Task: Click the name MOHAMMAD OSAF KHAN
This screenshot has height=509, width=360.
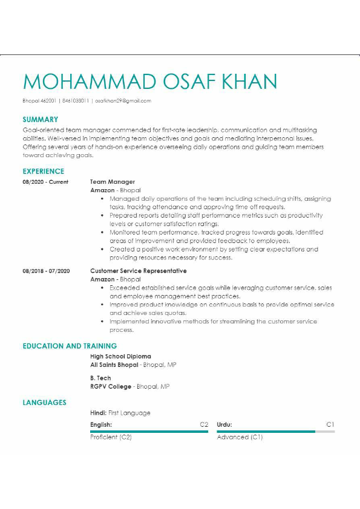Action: tap(150, 82)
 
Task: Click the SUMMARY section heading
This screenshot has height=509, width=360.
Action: tap(41, 120)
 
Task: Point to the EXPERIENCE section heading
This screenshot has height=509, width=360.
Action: tap(43, 171)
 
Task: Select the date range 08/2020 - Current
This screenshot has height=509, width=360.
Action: tap(45, 182)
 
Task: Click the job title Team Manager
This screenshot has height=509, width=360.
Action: tap(113, 182)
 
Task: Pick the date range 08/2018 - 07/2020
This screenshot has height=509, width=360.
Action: tap(46, 271)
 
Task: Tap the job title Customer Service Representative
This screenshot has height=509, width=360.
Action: tap(139, 271)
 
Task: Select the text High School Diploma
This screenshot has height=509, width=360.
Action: tap(120, 357)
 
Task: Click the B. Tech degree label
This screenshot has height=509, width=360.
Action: tap(100, 378)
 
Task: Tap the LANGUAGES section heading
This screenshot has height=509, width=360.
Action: tap(44, 402)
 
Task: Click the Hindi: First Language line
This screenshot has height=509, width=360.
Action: tap(120, 413)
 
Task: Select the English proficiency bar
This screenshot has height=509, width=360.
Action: tap(149, 432)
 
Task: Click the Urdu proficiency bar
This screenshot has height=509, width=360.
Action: tap(275, 432)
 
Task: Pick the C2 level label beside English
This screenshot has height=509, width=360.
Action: tap(204, 425)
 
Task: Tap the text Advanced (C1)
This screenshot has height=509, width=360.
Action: tap(240, 437)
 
